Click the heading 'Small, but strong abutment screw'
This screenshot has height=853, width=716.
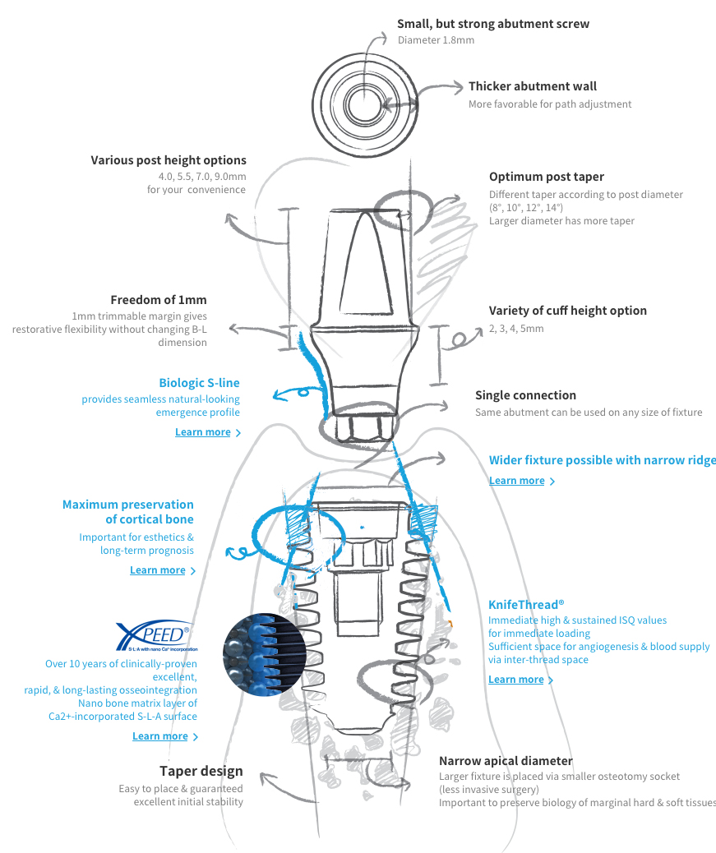pyautogui.click(x=492, y=24)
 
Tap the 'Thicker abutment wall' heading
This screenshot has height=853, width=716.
pyautogui.click(x=532, y=86)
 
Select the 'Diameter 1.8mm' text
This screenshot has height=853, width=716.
pyautogui.click(x=436, y=40)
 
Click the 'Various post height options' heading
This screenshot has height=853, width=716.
pyautogui.click(x=169, y=160)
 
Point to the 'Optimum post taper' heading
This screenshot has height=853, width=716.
pyautogui.click(x=546, y=177)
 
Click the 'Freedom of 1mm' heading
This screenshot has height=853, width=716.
pyautogui.click(x=159, y=300)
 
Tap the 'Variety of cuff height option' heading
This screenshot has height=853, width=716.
pyautogui.click(x=567, y=311)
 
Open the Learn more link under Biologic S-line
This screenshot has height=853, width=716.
pyautogui.click(x=203, y=432)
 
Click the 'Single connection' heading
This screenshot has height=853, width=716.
pyautogui.click(x=525, y=395)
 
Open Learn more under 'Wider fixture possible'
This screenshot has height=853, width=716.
pyautogui.click(x=517, y=481)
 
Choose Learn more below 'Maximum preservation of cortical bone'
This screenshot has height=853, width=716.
pyautogui.click(x=158, y=570)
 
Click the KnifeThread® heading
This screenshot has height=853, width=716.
pyautogui.click(x=526, y=604)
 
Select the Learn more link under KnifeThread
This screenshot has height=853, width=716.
pyautogui.click(x=516, y=680)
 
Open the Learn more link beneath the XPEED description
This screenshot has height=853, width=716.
pyautogui.click(x=160, y=736)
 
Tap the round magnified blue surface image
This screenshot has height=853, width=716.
pyautogui.click(x=265, y=654)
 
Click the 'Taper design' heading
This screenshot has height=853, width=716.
pyautogui.click(x=201, y=771)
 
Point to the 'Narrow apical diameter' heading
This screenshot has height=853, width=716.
pyautogui.click(x=506, y=761)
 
